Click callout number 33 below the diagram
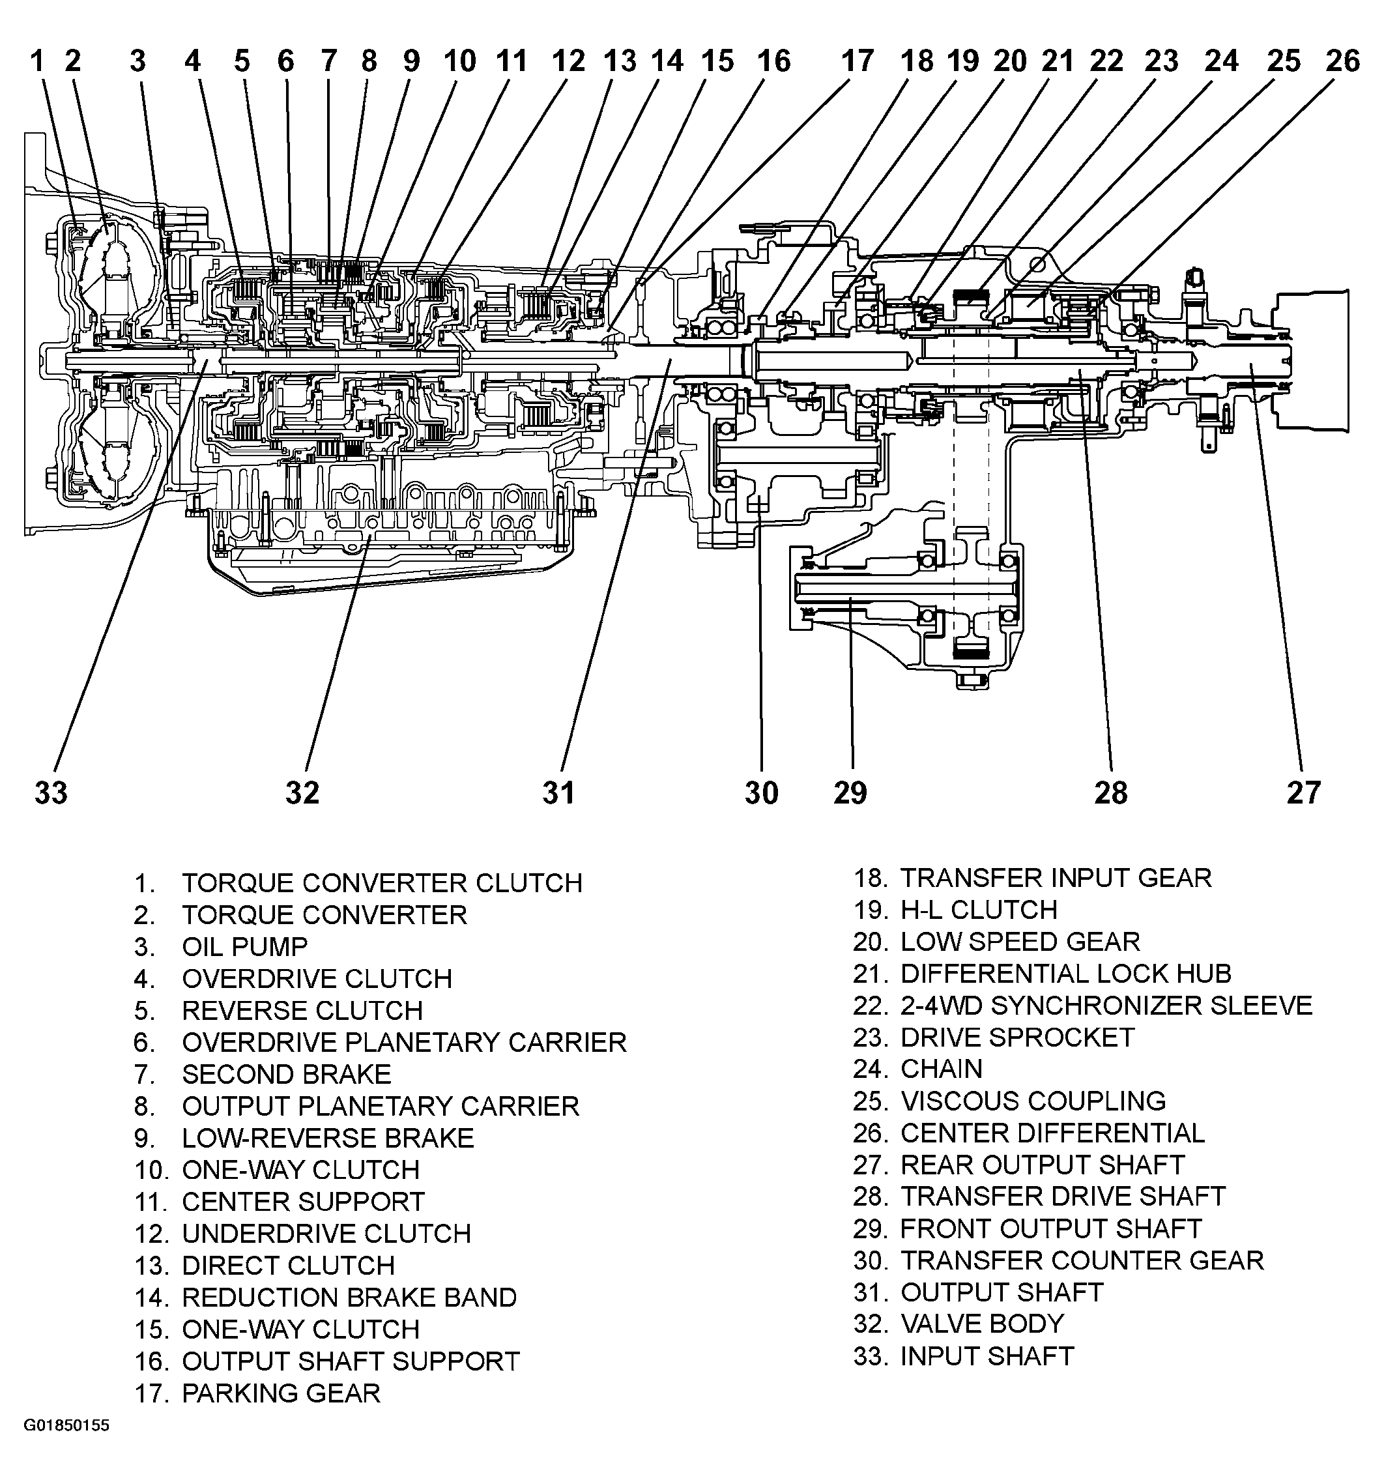tap(51, 793)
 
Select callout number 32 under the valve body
tap(302, 793)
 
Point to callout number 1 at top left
tap(37, 61)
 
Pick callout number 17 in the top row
tap(857, 61)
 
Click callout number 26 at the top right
tap(1343, 61)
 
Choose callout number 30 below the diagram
tap(762, 793)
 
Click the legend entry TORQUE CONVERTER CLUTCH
tap(382, 883)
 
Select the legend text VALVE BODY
tap(982, 1324)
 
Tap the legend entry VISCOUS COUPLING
tap(1033, 1101)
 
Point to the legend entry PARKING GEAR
tap(281, 1393)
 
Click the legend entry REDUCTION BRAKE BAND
tap(349, 1298)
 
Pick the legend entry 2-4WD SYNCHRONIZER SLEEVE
tap(1106, 1005)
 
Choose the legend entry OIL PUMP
tap(245, 947)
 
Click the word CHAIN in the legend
tap(942, 1069)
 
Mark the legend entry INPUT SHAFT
tap(987, 1356)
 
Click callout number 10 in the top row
tap(460, 61)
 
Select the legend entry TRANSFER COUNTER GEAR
tap(1082, 1260)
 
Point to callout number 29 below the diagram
tap(850, 793)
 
